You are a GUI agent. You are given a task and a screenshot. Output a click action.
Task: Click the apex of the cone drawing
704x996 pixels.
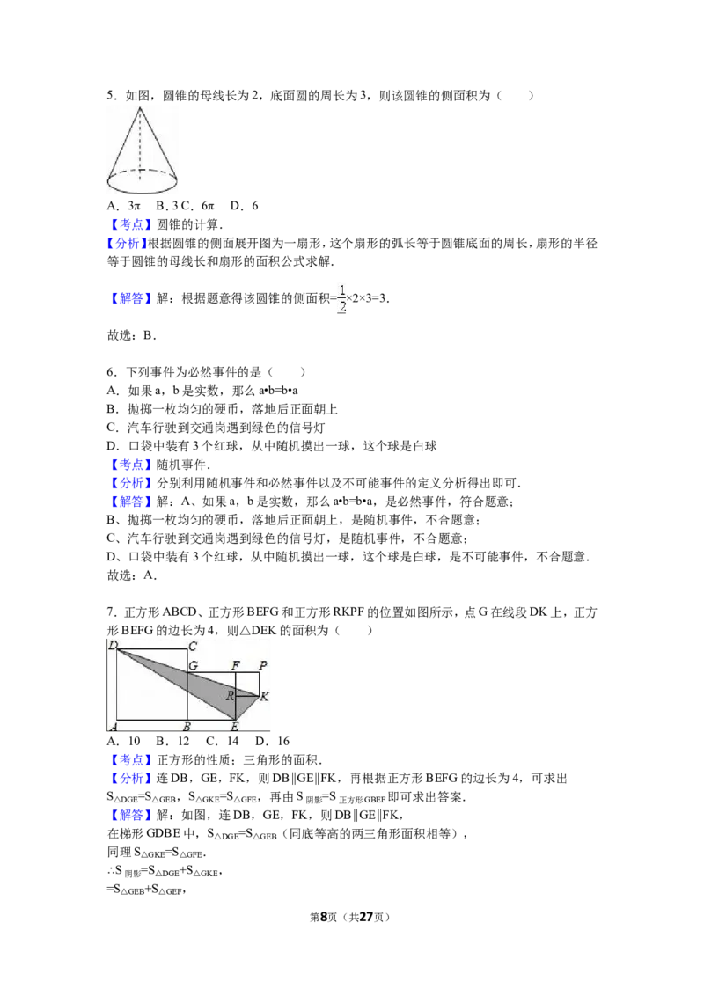[140, 107]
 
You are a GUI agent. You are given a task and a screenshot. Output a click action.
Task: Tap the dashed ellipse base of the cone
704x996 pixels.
[142, 192]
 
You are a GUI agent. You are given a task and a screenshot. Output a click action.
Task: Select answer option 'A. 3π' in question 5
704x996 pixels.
[124, 206]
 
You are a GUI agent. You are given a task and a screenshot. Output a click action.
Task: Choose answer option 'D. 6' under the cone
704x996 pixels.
[244, 206]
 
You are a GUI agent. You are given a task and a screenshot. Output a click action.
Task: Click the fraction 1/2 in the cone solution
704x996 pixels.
[341, 298]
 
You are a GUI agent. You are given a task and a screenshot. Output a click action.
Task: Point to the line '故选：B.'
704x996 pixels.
[131, 335]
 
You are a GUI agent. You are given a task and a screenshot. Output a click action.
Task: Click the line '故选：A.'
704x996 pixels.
[131, 575]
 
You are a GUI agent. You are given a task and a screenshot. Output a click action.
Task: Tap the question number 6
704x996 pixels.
[110, 372]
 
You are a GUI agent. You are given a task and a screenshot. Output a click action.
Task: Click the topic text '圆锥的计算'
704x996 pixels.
[187, 224]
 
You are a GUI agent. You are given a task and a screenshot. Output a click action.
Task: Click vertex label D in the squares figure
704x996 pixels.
[113, 645]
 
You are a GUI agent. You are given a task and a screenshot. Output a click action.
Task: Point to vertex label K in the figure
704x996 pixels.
[264, 696]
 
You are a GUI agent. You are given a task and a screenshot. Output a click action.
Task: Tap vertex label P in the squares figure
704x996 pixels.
[263, 665]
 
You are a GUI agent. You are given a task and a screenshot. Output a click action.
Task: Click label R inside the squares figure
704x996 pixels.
[230, 696]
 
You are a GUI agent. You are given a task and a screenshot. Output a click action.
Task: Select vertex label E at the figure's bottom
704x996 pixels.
[234, 727]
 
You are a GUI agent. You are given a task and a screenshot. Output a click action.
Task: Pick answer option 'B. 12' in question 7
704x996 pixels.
[172, 742]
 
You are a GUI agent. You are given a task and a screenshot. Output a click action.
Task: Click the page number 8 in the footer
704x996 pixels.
[324, 917]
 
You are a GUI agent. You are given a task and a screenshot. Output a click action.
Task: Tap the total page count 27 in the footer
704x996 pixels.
[367, 917]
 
